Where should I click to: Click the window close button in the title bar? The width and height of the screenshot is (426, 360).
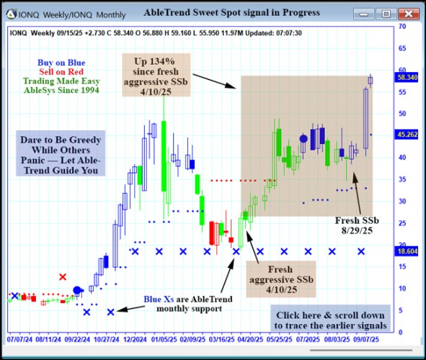(x=407, y=12)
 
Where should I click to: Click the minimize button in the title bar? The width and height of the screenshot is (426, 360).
(x=368, y=12)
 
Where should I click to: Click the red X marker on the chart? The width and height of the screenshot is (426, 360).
(x=63, y=277)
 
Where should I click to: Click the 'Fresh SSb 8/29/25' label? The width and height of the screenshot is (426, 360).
(x=358, y=225)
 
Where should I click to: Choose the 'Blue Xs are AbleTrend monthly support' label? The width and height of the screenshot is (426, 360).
(x=181, y=304)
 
